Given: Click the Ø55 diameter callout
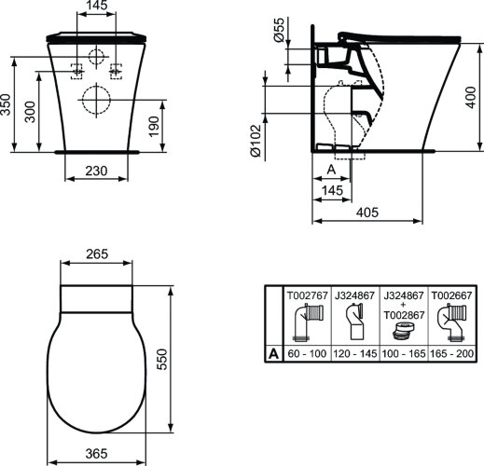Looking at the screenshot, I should click(x=278, y=34).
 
